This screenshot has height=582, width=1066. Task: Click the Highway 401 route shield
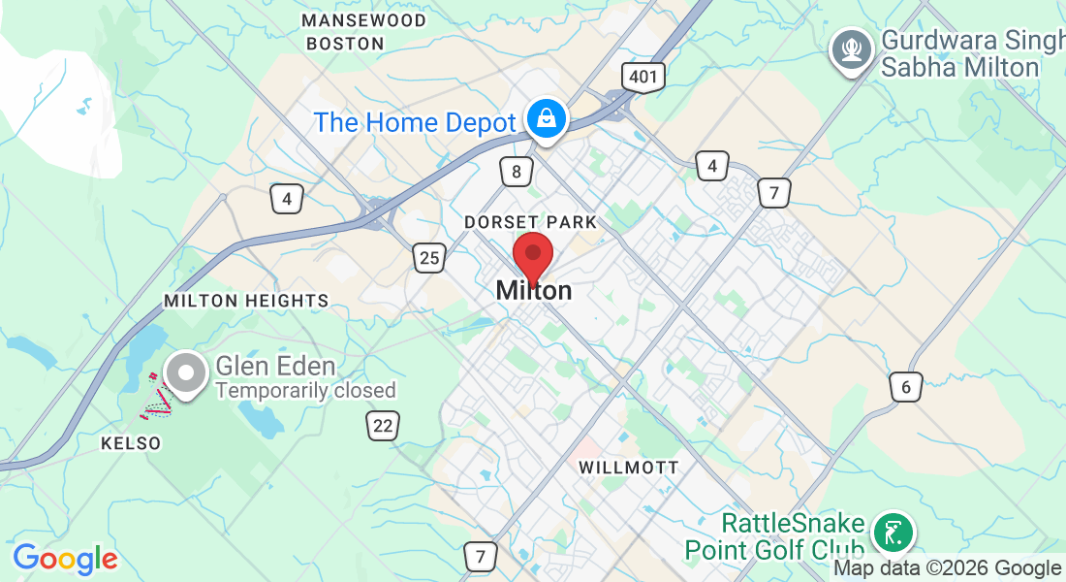pos(644,77)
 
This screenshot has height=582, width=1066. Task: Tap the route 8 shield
pos(517,173)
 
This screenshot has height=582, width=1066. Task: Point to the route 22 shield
pos(384,424)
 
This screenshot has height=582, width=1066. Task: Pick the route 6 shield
pos(906,387)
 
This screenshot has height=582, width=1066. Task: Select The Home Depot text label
pos(415,123)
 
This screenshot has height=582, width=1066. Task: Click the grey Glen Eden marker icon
pos(183,373)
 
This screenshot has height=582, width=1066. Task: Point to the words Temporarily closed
pos(305,390)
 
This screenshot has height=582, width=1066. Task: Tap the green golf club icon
pos(893,533)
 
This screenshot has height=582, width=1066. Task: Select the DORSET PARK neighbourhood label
pos(530,222)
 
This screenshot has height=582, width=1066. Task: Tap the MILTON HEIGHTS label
pos(246,301)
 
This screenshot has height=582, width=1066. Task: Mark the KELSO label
pos(131,443)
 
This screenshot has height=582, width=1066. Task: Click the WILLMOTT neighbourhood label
pos(629,468)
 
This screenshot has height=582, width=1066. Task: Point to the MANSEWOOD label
pos(363,20)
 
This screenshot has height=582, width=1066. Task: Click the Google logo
pos(65,559)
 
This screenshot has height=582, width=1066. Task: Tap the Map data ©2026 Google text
pos(947,568)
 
